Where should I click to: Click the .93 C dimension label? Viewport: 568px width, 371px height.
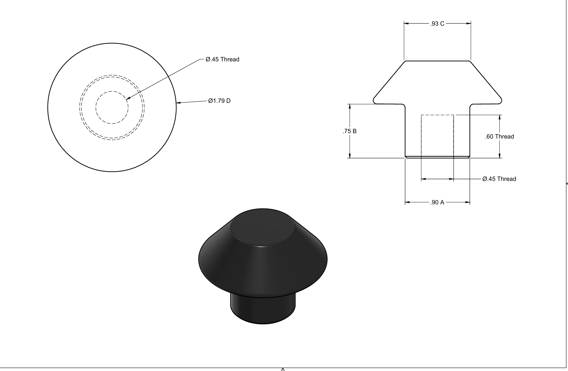click(437, 23)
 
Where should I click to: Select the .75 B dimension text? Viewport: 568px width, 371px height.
click(350, 131)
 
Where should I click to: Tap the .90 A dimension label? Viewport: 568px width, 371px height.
click(437, 202)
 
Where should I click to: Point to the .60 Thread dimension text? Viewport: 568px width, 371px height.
click(499, 136)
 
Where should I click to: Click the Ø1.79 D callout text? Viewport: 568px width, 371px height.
click(219, 101)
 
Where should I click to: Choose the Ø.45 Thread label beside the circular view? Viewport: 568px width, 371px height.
click(223, 59)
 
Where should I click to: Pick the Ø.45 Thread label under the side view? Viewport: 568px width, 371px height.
click(499, 179)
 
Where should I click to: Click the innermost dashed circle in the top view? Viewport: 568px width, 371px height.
click(96, 108)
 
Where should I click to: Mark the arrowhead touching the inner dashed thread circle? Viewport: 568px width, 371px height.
click(128, 99)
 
